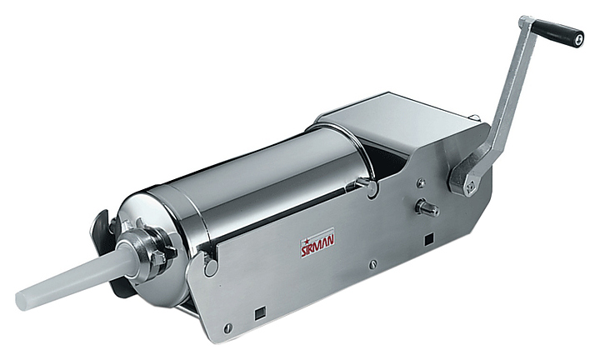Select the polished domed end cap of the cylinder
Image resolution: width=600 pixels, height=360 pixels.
click(x=153, y=248)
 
